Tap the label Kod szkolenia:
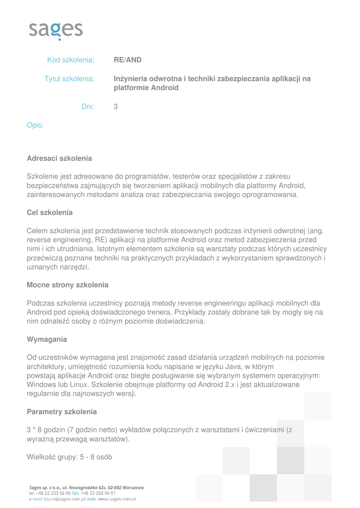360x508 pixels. [71, 60]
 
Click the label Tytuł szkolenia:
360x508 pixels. [70, 78]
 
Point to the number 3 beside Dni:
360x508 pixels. [116, 106]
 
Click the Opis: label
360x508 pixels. [35, 125]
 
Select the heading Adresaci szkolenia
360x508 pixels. [59, 158]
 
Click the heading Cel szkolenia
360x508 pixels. [50, 212]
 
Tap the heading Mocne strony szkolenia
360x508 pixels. [68, 285]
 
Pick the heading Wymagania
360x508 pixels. [47, 339]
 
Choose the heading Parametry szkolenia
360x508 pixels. [62, 412]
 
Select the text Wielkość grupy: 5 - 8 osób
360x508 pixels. [69, 457]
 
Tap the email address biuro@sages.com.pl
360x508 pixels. [65, 499]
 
